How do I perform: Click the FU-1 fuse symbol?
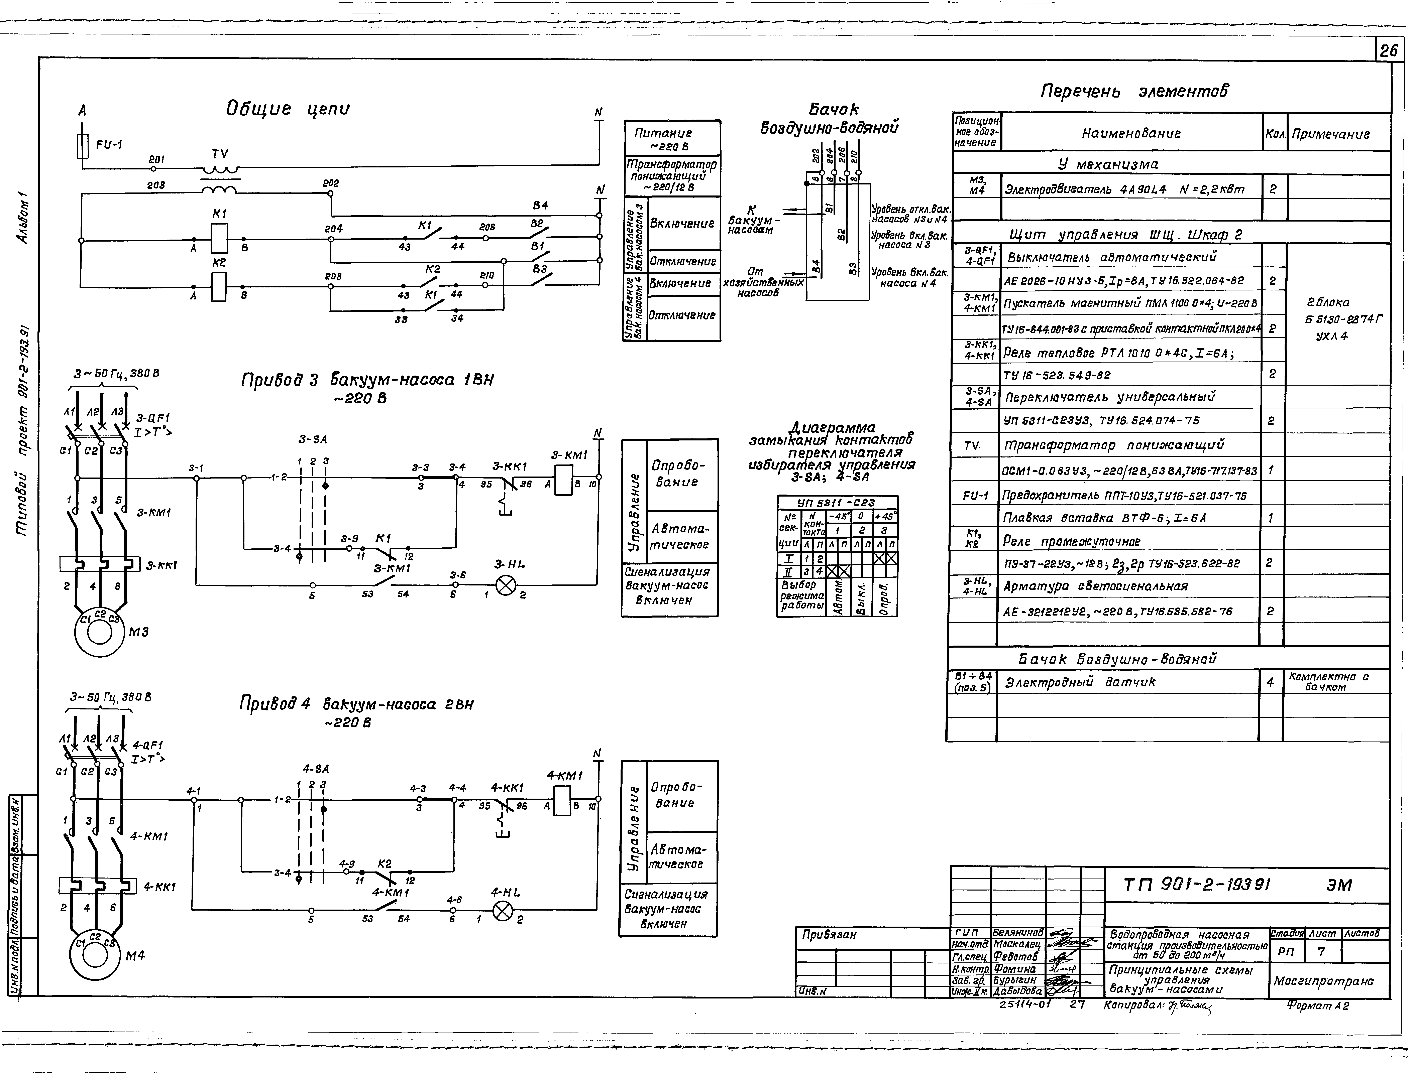(82, 146)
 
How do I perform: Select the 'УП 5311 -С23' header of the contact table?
(837, 503)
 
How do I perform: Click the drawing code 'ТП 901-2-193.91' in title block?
(1197, 885)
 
